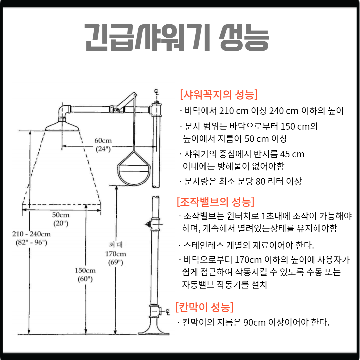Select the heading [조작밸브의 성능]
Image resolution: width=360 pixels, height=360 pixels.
[x=216, y=202]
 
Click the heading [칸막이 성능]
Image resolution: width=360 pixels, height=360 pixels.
[x=204, y=307]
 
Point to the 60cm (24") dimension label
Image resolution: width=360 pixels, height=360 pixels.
[x=103, y=145]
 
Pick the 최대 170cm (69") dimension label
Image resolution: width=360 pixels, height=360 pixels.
[x=115, y=254]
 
